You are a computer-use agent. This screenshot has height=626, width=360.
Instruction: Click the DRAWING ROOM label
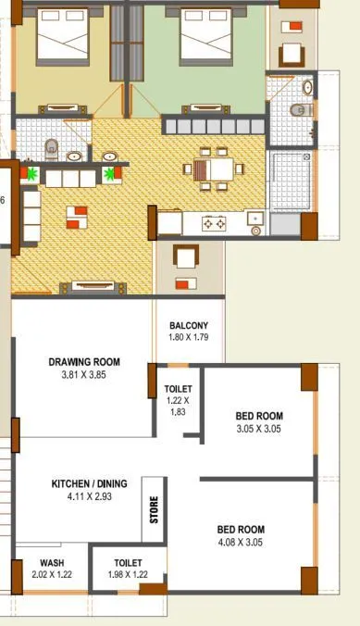(x=84, y=362)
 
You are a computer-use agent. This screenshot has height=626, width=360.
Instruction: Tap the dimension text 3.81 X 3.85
(x=84, y=376)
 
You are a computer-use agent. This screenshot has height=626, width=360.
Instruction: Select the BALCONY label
(x=189, y=325)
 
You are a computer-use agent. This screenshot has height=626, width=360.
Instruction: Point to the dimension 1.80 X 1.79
(x=189, y=337)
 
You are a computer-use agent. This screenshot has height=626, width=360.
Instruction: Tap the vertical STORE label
(x=155, y=509)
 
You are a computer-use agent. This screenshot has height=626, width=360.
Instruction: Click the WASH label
(x=52, y=563)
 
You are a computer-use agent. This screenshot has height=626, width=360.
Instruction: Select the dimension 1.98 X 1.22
(x=128, y=575)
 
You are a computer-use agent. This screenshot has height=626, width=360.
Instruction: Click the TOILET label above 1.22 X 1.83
(x=178, y=389)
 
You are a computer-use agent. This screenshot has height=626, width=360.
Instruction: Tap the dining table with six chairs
(x=215, y=169)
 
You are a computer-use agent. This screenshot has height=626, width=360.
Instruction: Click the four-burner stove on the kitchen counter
(x=215, y=223)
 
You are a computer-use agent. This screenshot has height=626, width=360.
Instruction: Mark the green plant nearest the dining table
(x=114, y=172)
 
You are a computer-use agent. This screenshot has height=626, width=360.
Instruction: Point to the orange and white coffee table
(x=77, y=216)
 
